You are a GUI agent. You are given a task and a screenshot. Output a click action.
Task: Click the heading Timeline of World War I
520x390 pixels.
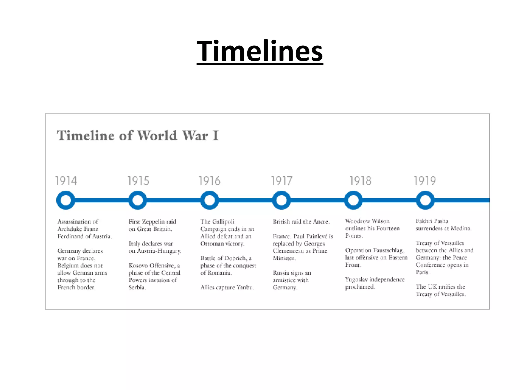coord(138,135)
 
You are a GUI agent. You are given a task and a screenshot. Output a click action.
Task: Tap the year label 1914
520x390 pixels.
coord(66,181)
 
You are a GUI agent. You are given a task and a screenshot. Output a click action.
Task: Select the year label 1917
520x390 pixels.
coord(282,181)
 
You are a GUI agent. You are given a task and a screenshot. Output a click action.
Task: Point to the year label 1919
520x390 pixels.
coord(425,181)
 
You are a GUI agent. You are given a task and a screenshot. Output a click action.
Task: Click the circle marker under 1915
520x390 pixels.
coord(138,200)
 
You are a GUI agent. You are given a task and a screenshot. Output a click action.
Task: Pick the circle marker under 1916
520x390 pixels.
coord(209,200)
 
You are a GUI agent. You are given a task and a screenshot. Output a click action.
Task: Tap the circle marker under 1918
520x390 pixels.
coord(353,200)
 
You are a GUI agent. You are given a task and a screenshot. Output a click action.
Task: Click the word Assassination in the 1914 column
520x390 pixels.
coord(74,222)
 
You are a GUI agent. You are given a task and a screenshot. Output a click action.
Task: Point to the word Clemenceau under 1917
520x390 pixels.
coord(288,251)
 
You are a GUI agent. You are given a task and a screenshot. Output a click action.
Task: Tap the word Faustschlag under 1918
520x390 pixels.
coord(389,250)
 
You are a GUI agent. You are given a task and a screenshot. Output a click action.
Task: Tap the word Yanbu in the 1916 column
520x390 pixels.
coord(245,287)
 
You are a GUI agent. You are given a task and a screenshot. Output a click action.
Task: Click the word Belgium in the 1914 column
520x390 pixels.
coord(67,266)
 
